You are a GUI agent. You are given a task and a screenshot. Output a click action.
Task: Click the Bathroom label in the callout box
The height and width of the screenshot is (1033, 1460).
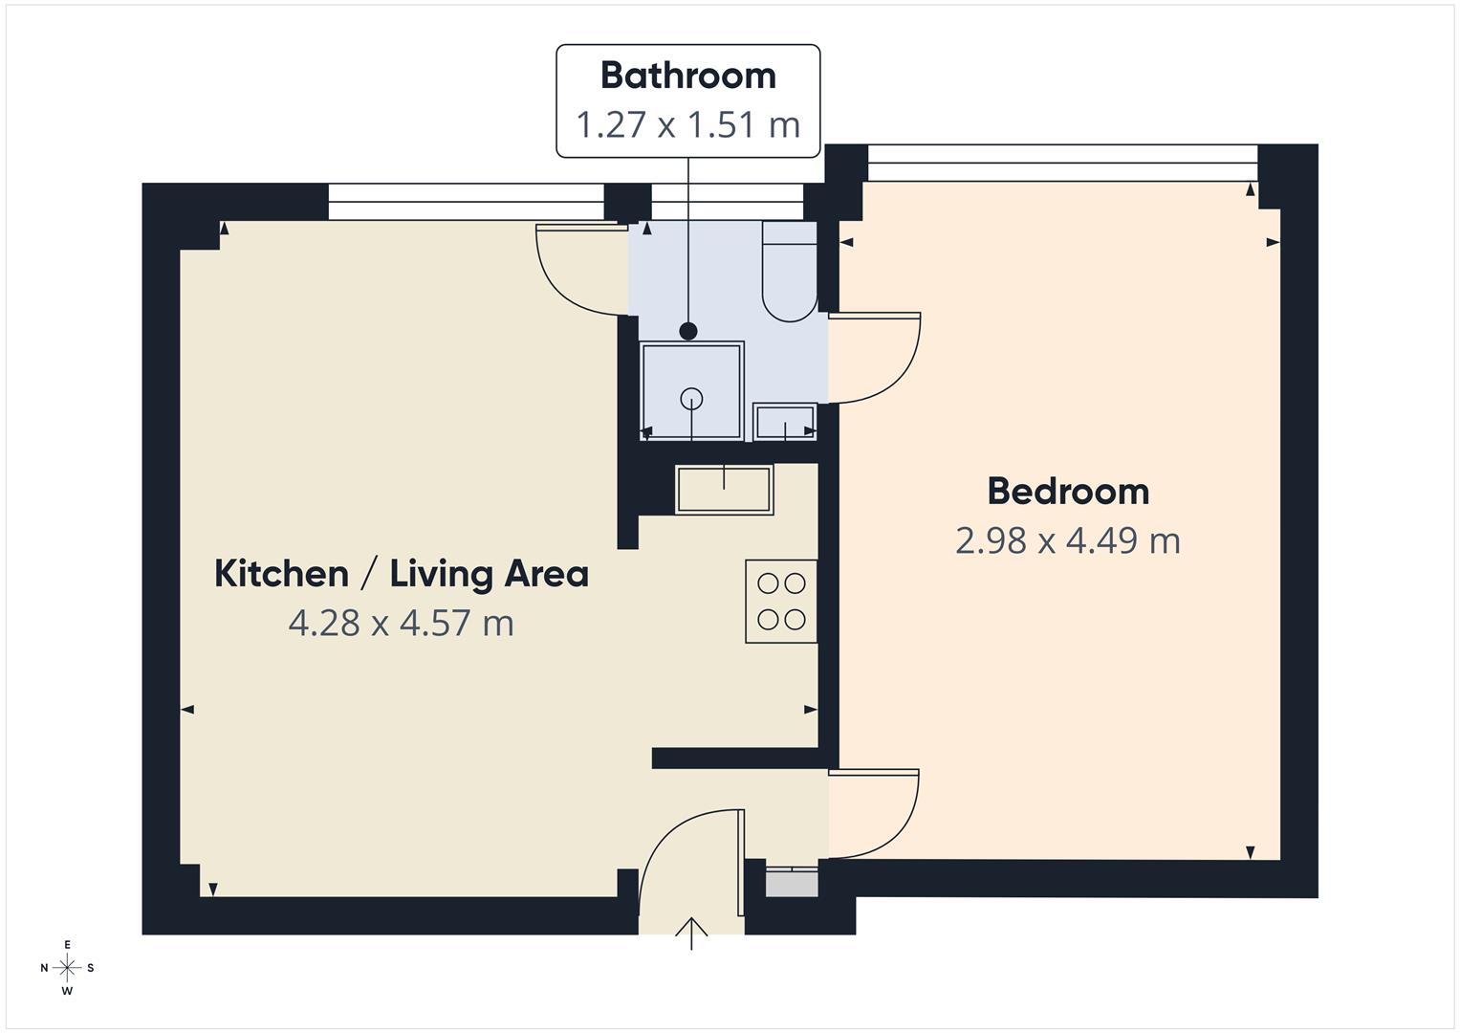[687, 77]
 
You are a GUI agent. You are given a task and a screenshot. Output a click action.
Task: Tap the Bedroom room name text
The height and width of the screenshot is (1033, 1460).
[1068, 492]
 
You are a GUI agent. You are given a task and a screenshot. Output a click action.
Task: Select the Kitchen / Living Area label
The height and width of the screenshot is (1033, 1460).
[401, 574]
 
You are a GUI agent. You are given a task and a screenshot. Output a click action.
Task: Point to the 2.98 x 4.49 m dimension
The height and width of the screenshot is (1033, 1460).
[1068, 541]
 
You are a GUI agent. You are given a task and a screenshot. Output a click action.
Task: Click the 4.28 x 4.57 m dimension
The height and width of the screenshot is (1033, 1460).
[401, 624]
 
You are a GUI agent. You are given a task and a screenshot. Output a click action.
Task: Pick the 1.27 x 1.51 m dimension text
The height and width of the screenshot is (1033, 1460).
[687, 125]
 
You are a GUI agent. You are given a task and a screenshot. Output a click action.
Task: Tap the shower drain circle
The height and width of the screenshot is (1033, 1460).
[692, 399]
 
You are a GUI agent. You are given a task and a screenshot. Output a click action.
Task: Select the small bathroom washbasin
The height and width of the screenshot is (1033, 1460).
[785, 421]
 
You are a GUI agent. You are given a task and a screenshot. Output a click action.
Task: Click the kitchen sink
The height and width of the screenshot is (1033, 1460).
[724, 490]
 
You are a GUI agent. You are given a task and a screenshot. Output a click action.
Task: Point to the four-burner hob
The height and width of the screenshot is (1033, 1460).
[781, 601]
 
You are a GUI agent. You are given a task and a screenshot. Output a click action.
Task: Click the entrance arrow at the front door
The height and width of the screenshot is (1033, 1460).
[691, 933]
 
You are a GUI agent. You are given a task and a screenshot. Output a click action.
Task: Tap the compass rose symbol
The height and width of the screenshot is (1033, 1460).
[67, 968]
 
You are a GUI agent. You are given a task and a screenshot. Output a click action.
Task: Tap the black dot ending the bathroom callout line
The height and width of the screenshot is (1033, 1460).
[688, 332]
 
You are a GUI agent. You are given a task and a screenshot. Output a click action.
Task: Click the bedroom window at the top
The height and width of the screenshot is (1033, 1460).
[1061, 163]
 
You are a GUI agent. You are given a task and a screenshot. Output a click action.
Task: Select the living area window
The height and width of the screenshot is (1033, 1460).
[467, 202]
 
